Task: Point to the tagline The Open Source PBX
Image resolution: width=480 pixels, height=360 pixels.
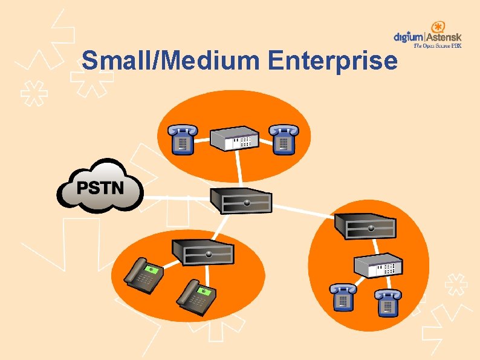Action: coord(437,45)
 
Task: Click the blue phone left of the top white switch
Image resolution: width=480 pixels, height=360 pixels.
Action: coord(181,139)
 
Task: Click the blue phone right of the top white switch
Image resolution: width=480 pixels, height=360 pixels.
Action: coord(283,139)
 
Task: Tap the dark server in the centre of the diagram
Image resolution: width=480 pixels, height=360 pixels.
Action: coord(240,200)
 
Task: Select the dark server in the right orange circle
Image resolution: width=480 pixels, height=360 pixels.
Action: coord(366,225)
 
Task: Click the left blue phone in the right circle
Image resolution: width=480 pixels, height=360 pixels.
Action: coord(342,298)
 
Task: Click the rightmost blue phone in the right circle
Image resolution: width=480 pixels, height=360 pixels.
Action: coord(387,302)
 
